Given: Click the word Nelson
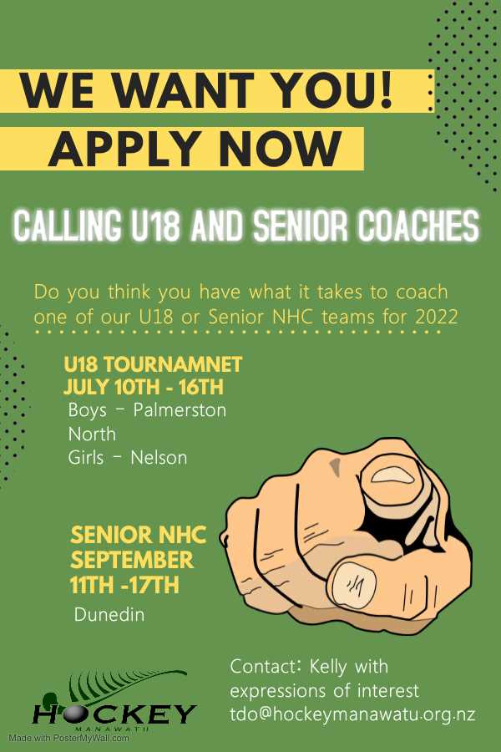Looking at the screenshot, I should tap(159, 457).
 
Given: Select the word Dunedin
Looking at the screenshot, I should tap(109, 615).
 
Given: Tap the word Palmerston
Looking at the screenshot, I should tap(180, 410).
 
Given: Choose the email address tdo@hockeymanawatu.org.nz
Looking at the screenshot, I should tap(352, 714).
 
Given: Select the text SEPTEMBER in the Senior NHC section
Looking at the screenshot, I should tap(132, 559).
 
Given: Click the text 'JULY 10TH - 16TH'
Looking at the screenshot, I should tap(143, 387).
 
